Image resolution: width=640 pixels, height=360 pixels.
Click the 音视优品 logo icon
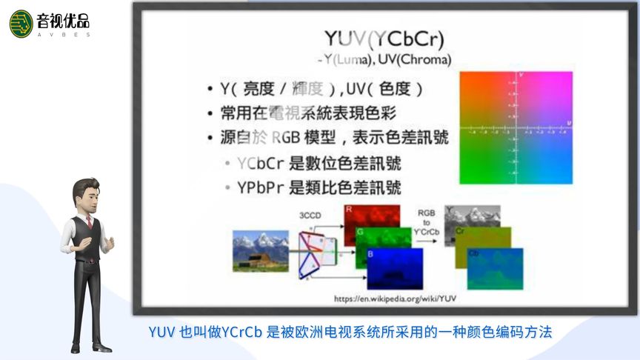(21, 24)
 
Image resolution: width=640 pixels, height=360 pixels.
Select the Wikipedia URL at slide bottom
(396, 299)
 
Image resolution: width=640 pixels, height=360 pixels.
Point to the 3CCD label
(310, 216)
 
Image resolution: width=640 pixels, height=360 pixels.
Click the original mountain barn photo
(261, 250)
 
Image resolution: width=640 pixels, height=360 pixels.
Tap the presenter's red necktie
(89, 221)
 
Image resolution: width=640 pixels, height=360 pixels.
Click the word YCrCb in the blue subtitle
(241, 332)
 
